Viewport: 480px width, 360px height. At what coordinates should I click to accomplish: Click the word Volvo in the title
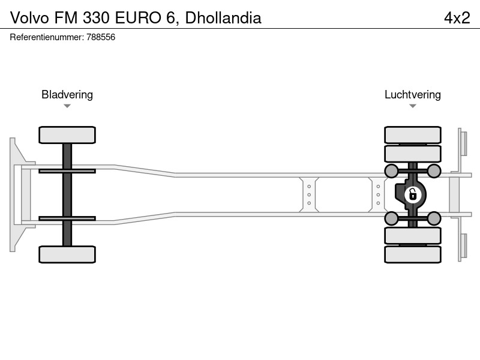[x=29, y=18]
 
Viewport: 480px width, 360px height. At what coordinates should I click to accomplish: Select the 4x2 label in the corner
[x=457, y=18]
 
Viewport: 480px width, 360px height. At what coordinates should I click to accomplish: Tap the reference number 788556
[x=101, y=37]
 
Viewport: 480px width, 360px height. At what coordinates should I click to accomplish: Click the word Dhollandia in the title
[x=223, y=18]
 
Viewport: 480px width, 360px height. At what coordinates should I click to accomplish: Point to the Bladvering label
[x=67, y=95]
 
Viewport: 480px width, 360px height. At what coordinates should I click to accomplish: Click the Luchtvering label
[x=413, y=95]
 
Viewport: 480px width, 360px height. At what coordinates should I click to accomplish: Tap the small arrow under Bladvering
[x=67, y=106]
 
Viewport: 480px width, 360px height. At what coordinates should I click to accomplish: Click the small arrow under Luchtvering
[x=413, y=106]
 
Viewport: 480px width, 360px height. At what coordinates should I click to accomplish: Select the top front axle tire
[x=67, y=135]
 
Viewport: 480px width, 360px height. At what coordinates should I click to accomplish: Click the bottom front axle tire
[x=67, y=254]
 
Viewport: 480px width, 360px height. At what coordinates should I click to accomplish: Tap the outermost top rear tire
[x=413, y=135]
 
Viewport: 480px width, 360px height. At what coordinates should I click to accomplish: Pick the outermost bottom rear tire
[x=413, y=254]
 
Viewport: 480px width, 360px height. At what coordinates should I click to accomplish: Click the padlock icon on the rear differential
[x=413, y=194]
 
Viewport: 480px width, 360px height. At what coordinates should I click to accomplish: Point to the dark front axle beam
[x=67, y=194]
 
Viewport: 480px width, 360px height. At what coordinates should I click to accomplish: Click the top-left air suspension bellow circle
[x=391, y=171]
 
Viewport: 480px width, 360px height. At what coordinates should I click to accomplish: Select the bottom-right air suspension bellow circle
[x=434, y=218]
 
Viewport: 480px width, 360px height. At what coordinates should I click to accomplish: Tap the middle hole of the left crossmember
[x=309, y=194]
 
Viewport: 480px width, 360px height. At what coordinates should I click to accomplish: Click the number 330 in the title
[x=96, y=18]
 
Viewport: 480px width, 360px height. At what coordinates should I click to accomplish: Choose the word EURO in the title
[x=138, y=18]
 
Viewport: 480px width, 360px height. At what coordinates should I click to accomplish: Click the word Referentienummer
[x=47, y=37]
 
